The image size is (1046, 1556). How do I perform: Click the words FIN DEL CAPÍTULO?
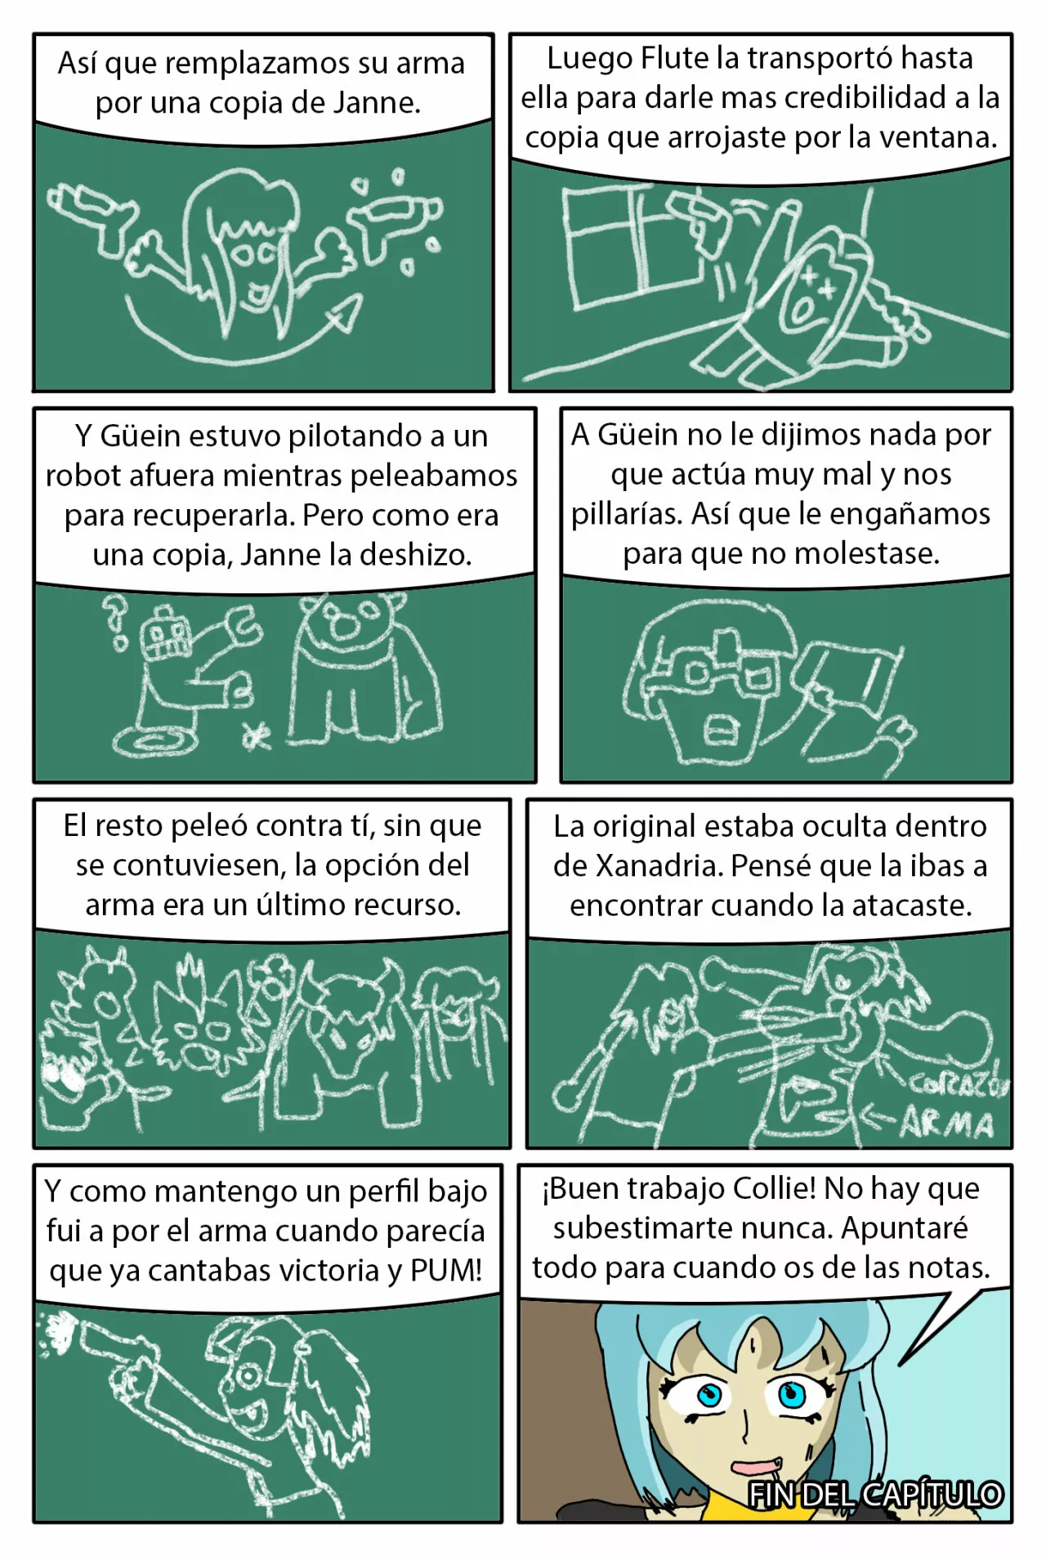[874, 1495]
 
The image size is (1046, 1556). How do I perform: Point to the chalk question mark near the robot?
[116, 616]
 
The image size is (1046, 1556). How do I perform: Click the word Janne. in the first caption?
[377, 103]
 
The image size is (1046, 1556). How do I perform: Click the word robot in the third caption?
[77, 476]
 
